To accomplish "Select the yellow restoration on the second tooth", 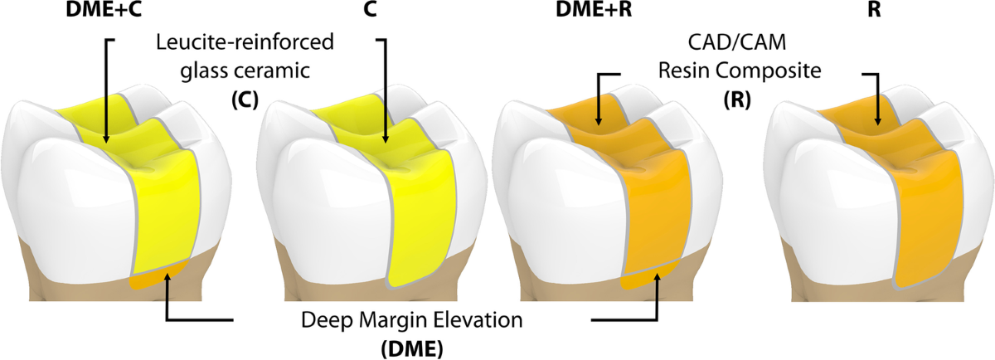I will click(419, 216).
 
